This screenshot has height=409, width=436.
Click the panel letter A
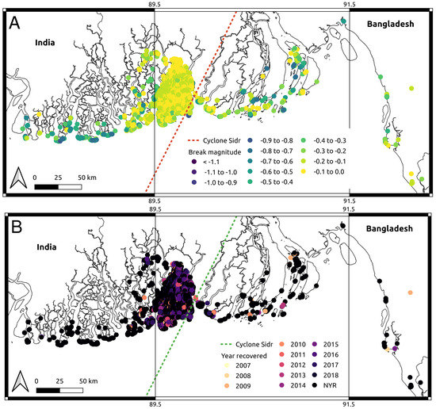[x=15, y=24]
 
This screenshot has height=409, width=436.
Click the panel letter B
[x=15, y=225]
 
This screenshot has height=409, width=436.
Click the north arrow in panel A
[x=21, y=178]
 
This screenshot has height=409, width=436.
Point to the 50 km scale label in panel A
[x=77, y=174]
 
